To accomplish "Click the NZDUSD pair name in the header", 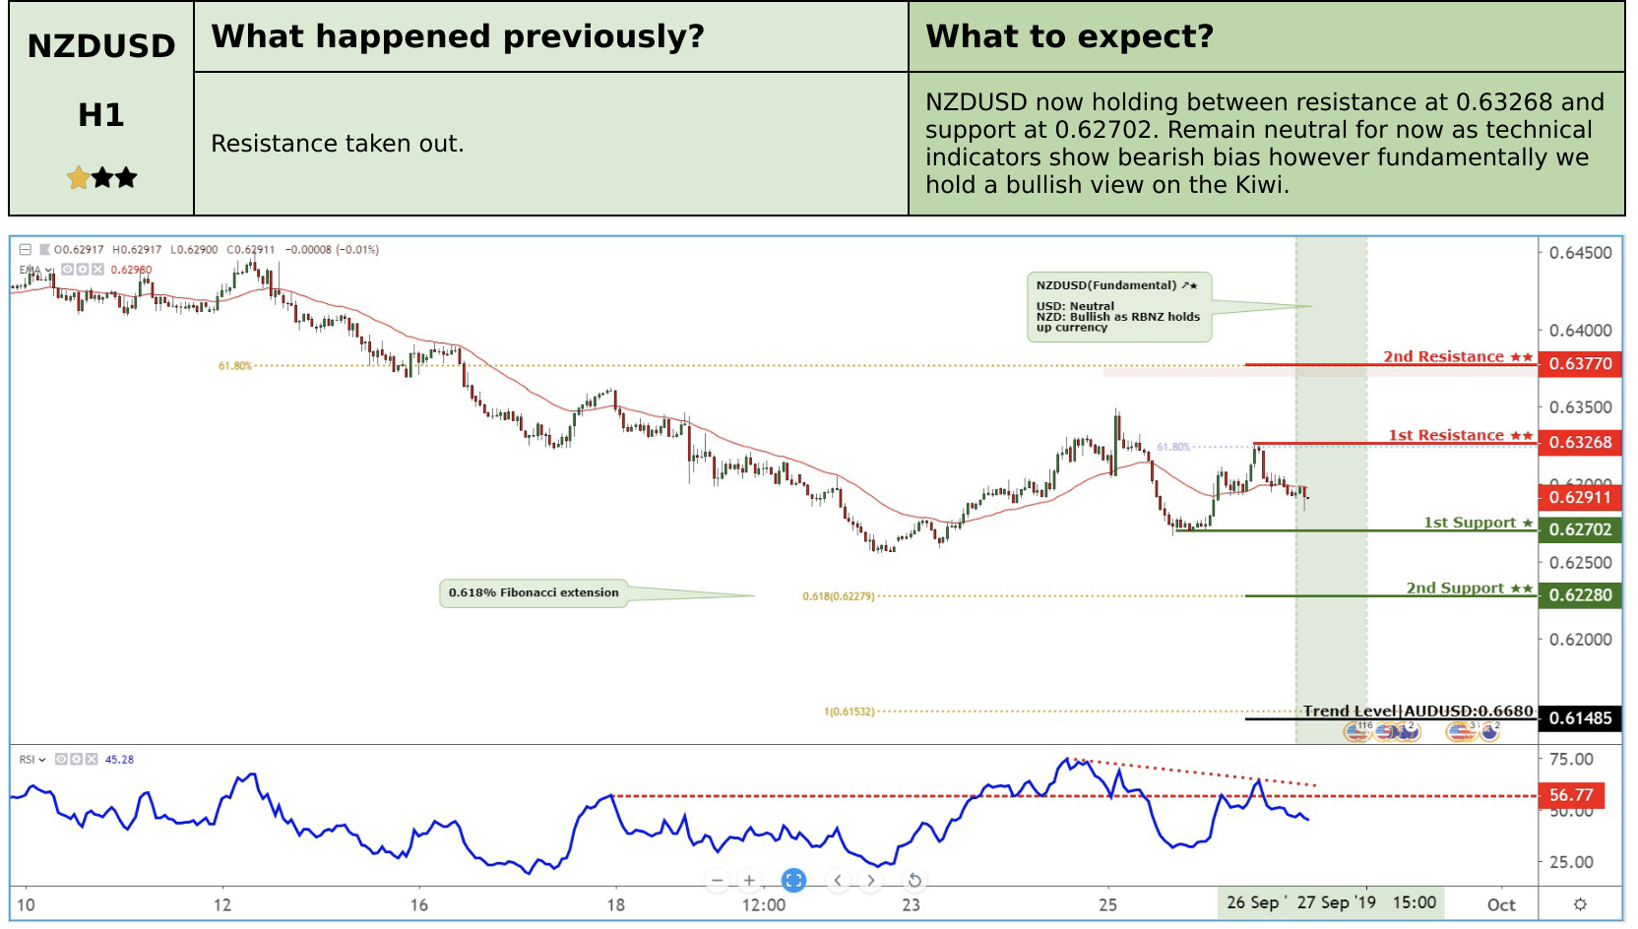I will pyautogui.click(x=101, y=46).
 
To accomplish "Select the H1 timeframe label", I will pyautogui.click(x=101, y=115).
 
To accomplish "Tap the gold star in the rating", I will pyautogui.click(x=79, y=178).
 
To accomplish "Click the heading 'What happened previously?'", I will pyautogui.click(x=458, y=36).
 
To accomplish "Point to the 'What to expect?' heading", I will pyautogui.click(x=1069, y=36).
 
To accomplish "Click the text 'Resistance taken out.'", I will pyautogui.click(x=337, y=144).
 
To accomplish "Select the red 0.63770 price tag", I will pyautogui.click(x=1580, y=364).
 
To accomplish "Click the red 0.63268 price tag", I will pyautogui.click(x=1580, y=443).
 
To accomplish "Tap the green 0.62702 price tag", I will pyautogui.click(x=1580, y=529).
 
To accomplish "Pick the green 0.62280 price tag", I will pyautogui.click(x=1580, y=595).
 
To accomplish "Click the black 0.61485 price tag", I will pyautogui.click(x=1580, y=718).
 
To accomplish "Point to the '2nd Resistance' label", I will pyautogui.click(x=1444, y=356).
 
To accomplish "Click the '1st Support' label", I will pyautogui.click(x=1470, y=523).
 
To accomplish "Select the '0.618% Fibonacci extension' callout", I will pyautogui.click(x=534, y=592).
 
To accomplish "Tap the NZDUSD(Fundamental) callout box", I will pyautogui.click(x=1118, y=307).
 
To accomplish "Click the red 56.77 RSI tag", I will pyautogui.click(x=1571, y=795).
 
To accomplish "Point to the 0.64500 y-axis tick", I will pyautogui.click(x=1580, y=253).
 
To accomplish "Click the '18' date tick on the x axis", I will pyautogui.click(x=615, y=904).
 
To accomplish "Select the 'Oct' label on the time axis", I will pyautogui.click(x=1501, y=904).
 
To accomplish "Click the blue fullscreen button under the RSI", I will pyautogui.click(x=793, y=881).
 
